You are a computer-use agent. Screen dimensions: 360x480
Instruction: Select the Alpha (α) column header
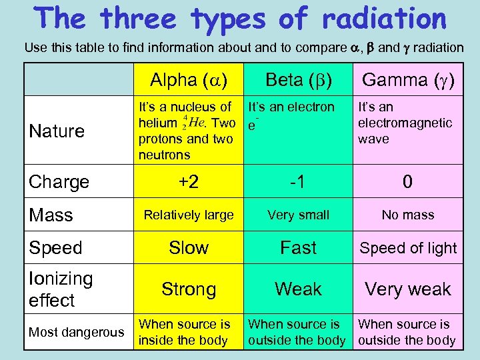click(189, 81)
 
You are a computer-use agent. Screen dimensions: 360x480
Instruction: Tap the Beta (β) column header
click(298, 81)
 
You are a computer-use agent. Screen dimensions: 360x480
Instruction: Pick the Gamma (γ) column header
click(408, 81)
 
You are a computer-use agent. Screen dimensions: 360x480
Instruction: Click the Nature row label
click(57, 131)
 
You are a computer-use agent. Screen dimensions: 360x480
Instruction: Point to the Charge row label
click(59, 181)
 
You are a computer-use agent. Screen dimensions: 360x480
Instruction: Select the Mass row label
click(51, 215)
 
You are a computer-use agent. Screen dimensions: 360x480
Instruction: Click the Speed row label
click(55, 248)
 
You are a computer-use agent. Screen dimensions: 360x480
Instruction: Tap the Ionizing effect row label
click(61, 289)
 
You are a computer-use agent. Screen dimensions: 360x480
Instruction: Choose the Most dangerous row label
click(76, 332)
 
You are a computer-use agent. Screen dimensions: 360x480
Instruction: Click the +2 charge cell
click(189, 181)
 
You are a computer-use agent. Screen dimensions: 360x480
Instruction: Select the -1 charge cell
click(298, 181)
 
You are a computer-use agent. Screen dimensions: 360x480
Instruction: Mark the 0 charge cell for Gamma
click(407, 181)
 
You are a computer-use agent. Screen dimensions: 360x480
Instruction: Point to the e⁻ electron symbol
click(253, 125)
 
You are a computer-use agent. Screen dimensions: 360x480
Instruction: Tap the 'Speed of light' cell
click(408, 248)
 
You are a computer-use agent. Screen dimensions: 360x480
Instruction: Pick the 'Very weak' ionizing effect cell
click(408, 289)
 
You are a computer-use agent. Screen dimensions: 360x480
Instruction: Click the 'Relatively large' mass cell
click(189, 215)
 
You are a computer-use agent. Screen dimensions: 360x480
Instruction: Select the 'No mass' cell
click(408, 215)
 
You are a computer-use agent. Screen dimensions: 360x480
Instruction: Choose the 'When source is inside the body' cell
click(185, 332)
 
